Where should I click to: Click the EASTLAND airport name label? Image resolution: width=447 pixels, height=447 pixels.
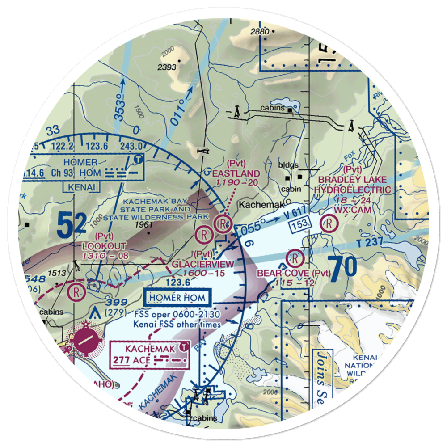pyautogui.click(x=237, y=173)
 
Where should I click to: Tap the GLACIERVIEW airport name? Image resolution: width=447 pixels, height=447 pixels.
pyautogui.click(x=203, y=264)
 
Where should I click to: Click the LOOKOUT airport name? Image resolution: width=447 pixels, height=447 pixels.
pyautogui.click(x=104, y=246)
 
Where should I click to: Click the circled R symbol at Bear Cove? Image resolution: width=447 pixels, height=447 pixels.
pyautogui.click(x=295, y=257)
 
